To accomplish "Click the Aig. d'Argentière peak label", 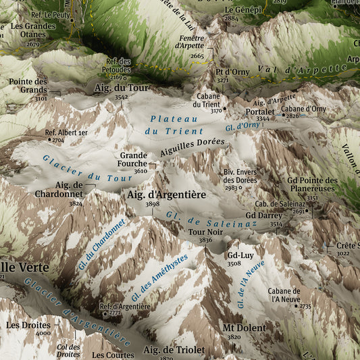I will (x=166, y=195).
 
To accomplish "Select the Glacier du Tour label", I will (x=78, y=169).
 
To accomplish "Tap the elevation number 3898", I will (x=152, y=204).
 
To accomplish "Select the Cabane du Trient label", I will (x=207, y=100).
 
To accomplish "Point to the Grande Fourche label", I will (x=134, y=159).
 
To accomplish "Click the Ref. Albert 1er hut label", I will (x=66, y=133).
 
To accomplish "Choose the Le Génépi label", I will (x=242, y=10).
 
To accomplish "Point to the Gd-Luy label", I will (x=240, y=255).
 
